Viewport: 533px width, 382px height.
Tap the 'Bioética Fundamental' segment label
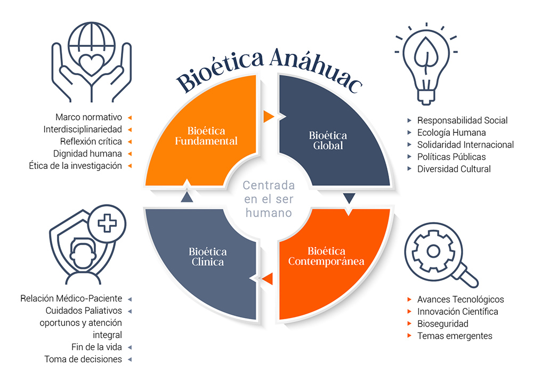tap(206, 136)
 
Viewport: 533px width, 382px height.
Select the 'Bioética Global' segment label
tap(328, 140)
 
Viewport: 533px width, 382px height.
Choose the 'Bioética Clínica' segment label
tap(207, 257)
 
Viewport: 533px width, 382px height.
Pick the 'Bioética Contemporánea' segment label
tap(326, 256)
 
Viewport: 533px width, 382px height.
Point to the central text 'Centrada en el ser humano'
tap(269, 199)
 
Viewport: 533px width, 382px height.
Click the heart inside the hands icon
tap(92, 64)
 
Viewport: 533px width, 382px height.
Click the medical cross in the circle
tap(107, 223)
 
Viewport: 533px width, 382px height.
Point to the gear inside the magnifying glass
tap(433, 251)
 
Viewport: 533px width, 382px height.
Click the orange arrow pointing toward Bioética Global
tap(269, 116)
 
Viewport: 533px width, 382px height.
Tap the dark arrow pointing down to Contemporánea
tap(349, 198)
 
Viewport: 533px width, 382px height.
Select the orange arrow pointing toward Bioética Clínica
tap(268, 279)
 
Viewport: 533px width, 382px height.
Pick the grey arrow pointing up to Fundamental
tap(187, 197)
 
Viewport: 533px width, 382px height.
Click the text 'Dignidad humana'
tap(87, 153)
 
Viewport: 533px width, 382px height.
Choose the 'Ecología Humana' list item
tap(451, 133)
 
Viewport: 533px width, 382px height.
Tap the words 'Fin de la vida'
tap(96, 347)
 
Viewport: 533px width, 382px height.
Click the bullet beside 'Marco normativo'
tap(130, 118)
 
